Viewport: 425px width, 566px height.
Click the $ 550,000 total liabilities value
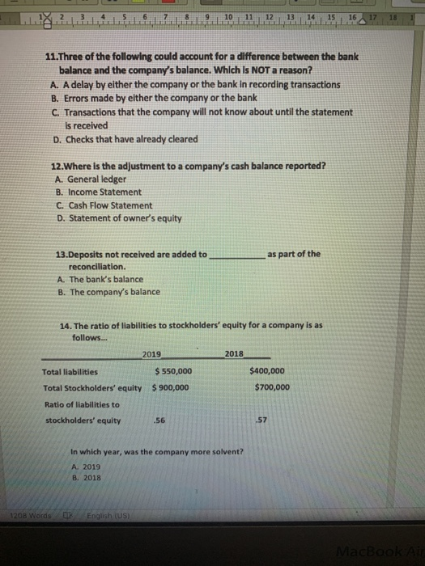coord(173,371)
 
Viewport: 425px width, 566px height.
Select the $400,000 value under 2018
coord(267,371)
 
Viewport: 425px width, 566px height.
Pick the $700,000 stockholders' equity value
coord(271,387)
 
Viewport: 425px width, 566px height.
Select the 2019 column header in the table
coord(151,354)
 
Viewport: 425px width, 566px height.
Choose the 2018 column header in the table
coord(234,354)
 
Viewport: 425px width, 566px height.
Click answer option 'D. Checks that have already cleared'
coord(128,138)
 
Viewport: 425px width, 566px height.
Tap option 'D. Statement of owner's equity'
coord(118,218)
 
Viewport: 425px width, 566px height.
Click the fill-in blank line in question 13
coord(237,256)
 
